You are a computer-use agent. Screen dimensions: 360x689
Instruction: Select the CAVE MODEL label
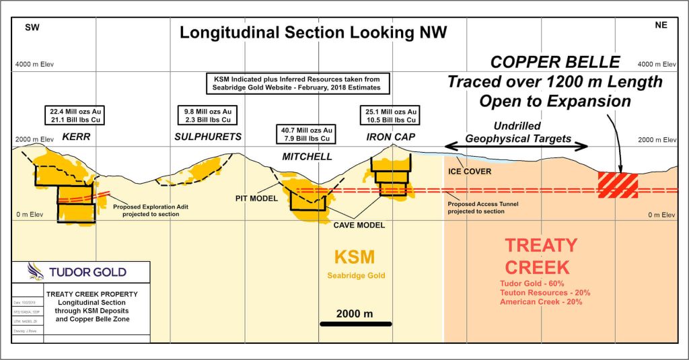coord(359,225)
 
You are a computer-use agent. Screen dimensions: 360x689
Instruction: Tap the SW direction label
coord(32,28)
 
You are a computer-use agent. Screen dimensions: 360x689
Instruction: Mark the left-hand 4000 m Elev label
coord(34,65)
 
